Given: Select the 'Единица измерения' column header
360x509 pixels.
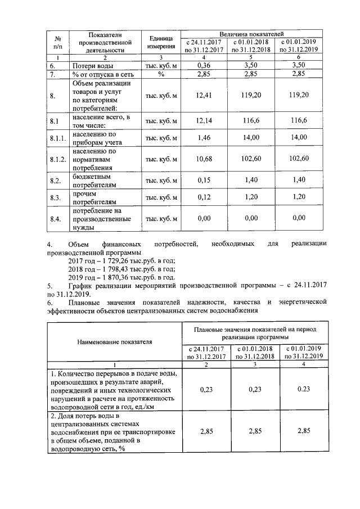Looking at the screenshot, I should point(160,42).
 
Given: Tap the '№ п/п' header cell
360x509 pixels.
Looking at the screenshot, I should point(57,42).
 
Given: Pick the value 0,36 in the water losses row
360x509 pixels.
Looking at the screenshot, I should point(204,66).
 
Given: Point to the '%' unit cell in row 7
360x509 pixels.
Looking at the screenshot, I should point(160,74).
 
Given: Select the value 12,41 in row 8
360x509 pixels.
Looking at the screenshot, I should point(204,95).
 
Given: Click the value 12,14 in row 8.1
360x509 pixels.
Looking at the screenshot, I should point(204,120).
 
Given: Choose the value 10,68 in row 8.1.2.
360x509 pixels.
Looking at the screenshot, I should point(204,159).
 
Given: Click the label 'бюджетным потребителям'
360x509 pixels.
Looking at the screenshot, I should point(93,181).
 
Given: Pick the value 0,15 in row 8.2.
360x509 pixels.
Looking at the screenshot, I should point(204,181).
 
